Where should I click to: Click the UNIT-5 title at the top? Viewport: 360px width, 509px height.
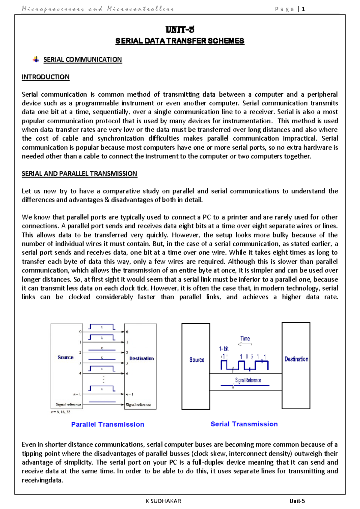pos(180,30)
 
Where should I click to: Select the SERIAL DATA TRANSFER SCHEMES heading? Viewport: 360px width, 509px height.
pos(180,41)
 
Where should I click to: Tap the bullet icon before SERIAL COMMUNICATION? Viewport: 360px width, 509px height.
pos(36,59)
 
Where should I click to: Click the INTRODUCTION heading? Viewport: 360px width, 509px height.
pos(46,77)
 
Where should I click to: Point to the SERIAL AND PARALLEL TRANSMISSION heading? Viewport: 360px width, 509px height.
pos(79,174)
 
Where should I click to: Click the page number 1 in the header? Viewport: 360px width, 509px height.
pos(303,9)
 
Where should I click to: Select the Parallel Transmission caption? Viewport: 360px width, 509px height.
pos(108,424)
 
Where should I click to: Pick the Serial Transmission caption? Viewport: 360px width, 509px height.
pos(244,424)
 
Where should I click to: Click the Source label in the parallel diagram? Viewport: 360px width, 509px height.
pos(65,357)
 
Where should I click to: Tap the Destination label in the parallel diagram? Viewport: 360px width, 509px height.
pos(141,358)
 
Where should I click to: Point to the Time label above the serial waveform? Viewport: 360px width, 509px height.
pos(245,339)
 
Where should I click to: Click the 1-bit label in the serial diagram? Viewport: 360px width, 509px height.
pos(223,349)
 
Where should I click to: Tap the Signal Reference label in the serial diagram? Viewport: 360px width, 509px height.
pos(248,380)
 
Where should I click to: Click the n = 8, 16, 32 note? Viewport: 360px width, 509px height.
pos(60,412)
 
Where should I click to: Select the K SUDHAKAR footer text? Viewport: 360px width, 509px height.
pos(163,501)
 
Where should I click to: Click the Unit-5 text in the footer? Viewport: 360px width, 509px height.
pos(297,501)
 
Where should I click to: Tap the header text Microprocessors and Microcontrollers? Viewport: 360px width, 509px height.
pos(98,9)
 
